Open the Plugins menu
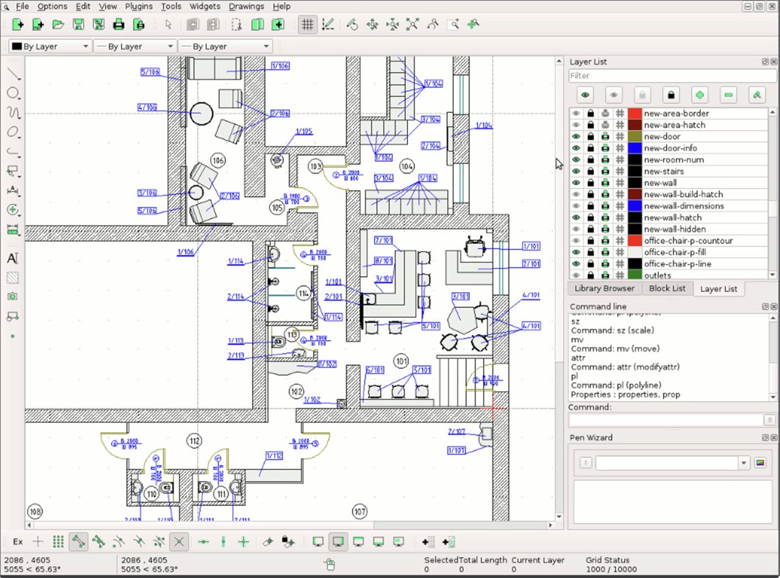(138, 6)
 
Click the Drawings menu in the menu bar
(246, 6)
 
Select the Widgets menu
(204, 6)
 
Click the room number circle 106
(218, 160)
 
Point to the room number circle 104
(407, 167)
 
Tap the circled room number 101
(401, 361)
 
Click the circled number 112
(194, 441)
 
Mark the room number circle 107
(359, 511)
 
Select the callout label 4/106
(147, 107)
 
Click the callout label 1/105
(304, 131)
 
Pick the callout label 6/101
(375, 370)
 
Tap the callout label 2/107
(456, 431)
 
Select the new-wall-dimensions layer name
(683, 206)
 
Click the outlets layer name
(658, 275)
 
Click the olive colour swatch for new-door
(635, 137)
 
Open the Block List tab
(667, 289)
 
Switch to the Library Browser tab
(604, 289)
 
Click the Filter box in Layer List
(672, 76)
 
